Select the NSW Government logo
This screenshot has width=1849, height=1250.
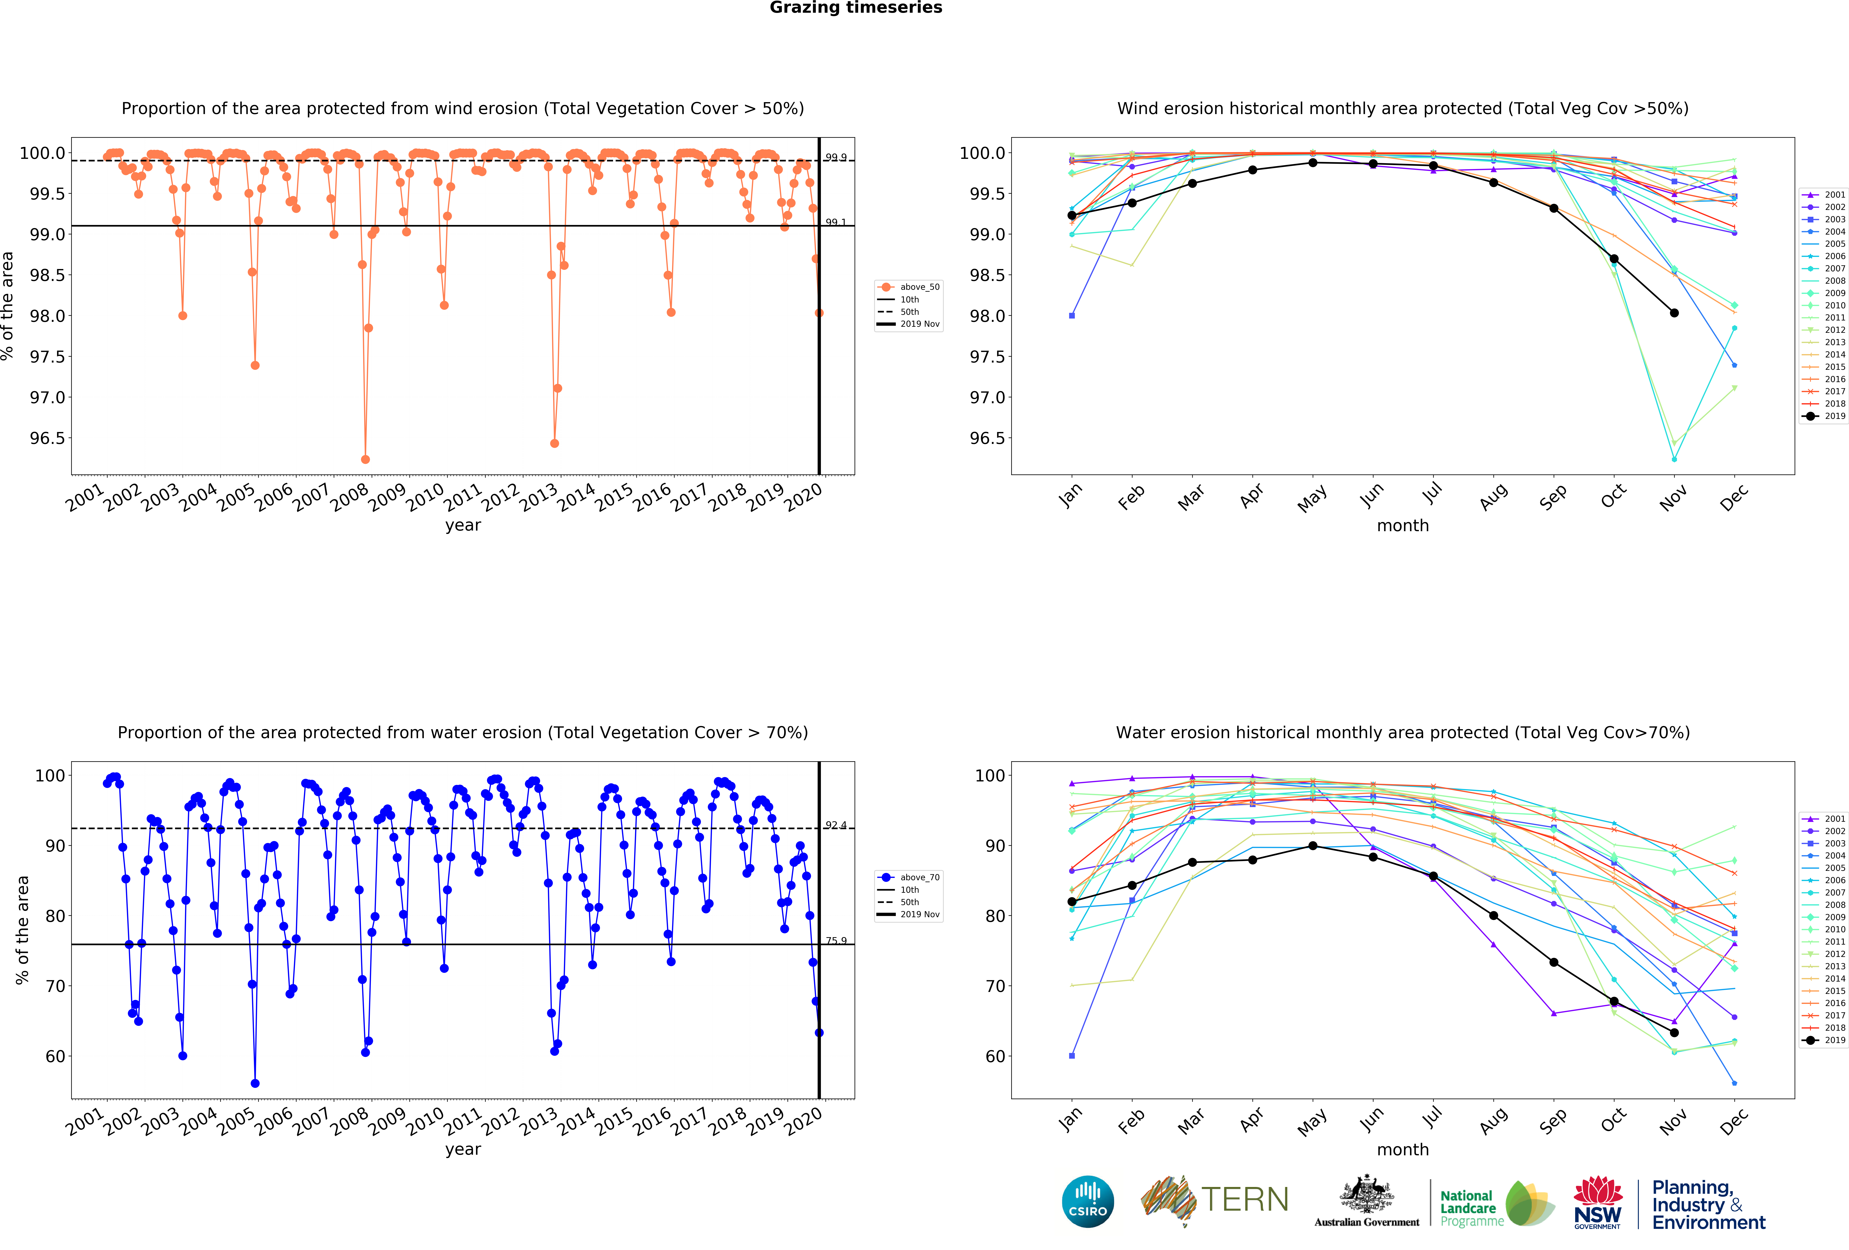click(1597, 1202)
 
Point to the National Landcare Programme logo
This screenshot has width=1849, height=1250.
click(1496, 1203)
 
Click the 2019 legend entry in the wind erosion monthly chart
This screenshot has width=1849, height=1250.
click(1822, 416)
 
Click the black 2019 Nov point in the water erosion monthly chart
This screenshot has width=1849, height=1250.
click(1674, 1033)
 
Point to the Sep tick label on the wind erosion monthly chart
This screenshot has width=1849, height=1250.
click(1552, 497)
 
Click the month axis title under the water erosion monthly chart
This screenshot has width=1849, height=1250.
click(1403, 1150)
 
